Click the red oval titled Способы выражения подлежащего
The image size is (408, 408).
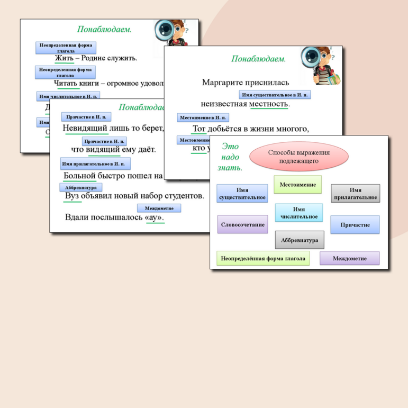click(298, 156)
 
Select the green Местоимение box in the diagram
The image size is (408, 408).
click(298, 185)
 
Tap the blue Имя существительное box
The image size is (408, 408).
click(242, 194)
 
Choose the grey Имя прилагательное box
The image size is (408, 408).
click(356, 194)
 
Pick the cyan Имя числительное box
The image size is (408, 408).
click(299, 213)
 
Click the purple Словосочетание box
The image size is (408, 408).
click(242, 224)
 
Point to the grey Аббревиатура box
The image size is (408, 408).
click(300, 240)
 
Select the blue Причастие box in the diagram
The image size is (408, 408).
click(355, 224)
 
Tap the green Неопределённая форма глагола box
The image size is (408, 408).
click(263, 258)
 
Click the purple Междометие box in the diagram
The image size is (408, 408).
click(349, 258)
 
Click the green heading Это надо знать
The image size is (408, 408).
click(230, 157)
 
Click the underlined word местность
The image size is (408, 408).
click(269, 104)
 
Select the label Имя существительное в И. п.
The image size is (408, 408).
click(275, 95)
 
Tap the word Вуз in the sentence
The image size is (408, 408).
click(73, 196)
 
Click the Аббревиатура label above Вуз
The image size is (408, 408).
click(81, 187)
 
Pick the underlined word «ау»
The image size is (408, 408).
click(154, 217)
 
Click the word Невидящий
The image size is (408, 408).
click(85, 128)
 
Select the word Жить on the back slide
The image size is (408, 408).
click(64, 58)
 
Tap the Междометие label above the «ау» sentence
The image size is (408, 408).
click(159, 208)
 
